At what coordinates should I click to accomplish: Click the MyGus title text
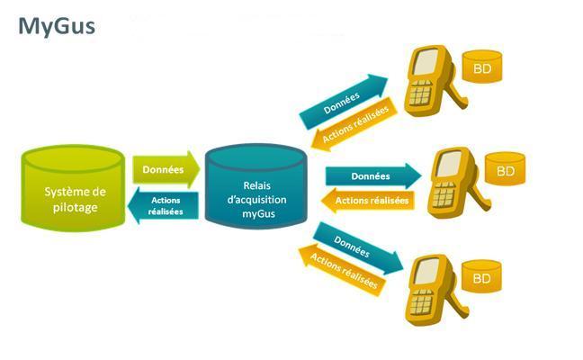coord(57,27)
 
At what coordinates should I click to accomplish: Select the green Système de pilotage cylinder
coord(73,188)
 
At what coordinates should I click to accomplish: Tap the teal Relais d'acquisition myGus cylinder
coord(256,186)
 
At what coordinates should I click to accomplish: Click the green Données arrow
coord(166,169)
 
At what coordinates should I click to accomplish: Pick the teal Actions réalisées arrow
coord(163,206)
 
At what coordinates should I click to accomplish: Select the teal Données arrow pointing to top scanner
coord(343,101)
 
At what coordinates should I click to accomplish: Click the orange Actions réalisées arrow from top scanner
coord(354,124)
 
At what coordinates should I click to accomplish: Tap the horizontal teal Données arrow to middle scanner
coord(373,175)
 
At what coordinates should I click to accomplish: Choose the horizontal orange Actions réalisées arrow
coord(368,201)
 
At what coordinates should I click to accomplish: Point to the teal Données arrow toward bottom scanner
coord(358,248)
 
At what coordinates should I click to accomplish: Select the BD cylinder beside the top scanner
coord(482,67)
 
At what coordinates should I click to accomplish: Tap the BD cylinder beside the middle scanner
coord(506,169)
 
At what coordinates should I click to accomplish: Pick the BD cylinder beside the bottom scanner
coord(482,276)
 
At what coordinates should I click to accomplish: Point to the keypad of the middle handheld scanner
coord(444,194)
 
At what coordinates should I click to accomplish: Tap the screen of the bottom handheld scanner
coord(426,272)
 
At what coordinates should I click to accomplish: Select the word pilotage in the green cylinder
coord(75,208)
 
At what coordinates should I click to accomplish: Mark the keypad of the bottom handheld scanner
coord(421,301)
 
